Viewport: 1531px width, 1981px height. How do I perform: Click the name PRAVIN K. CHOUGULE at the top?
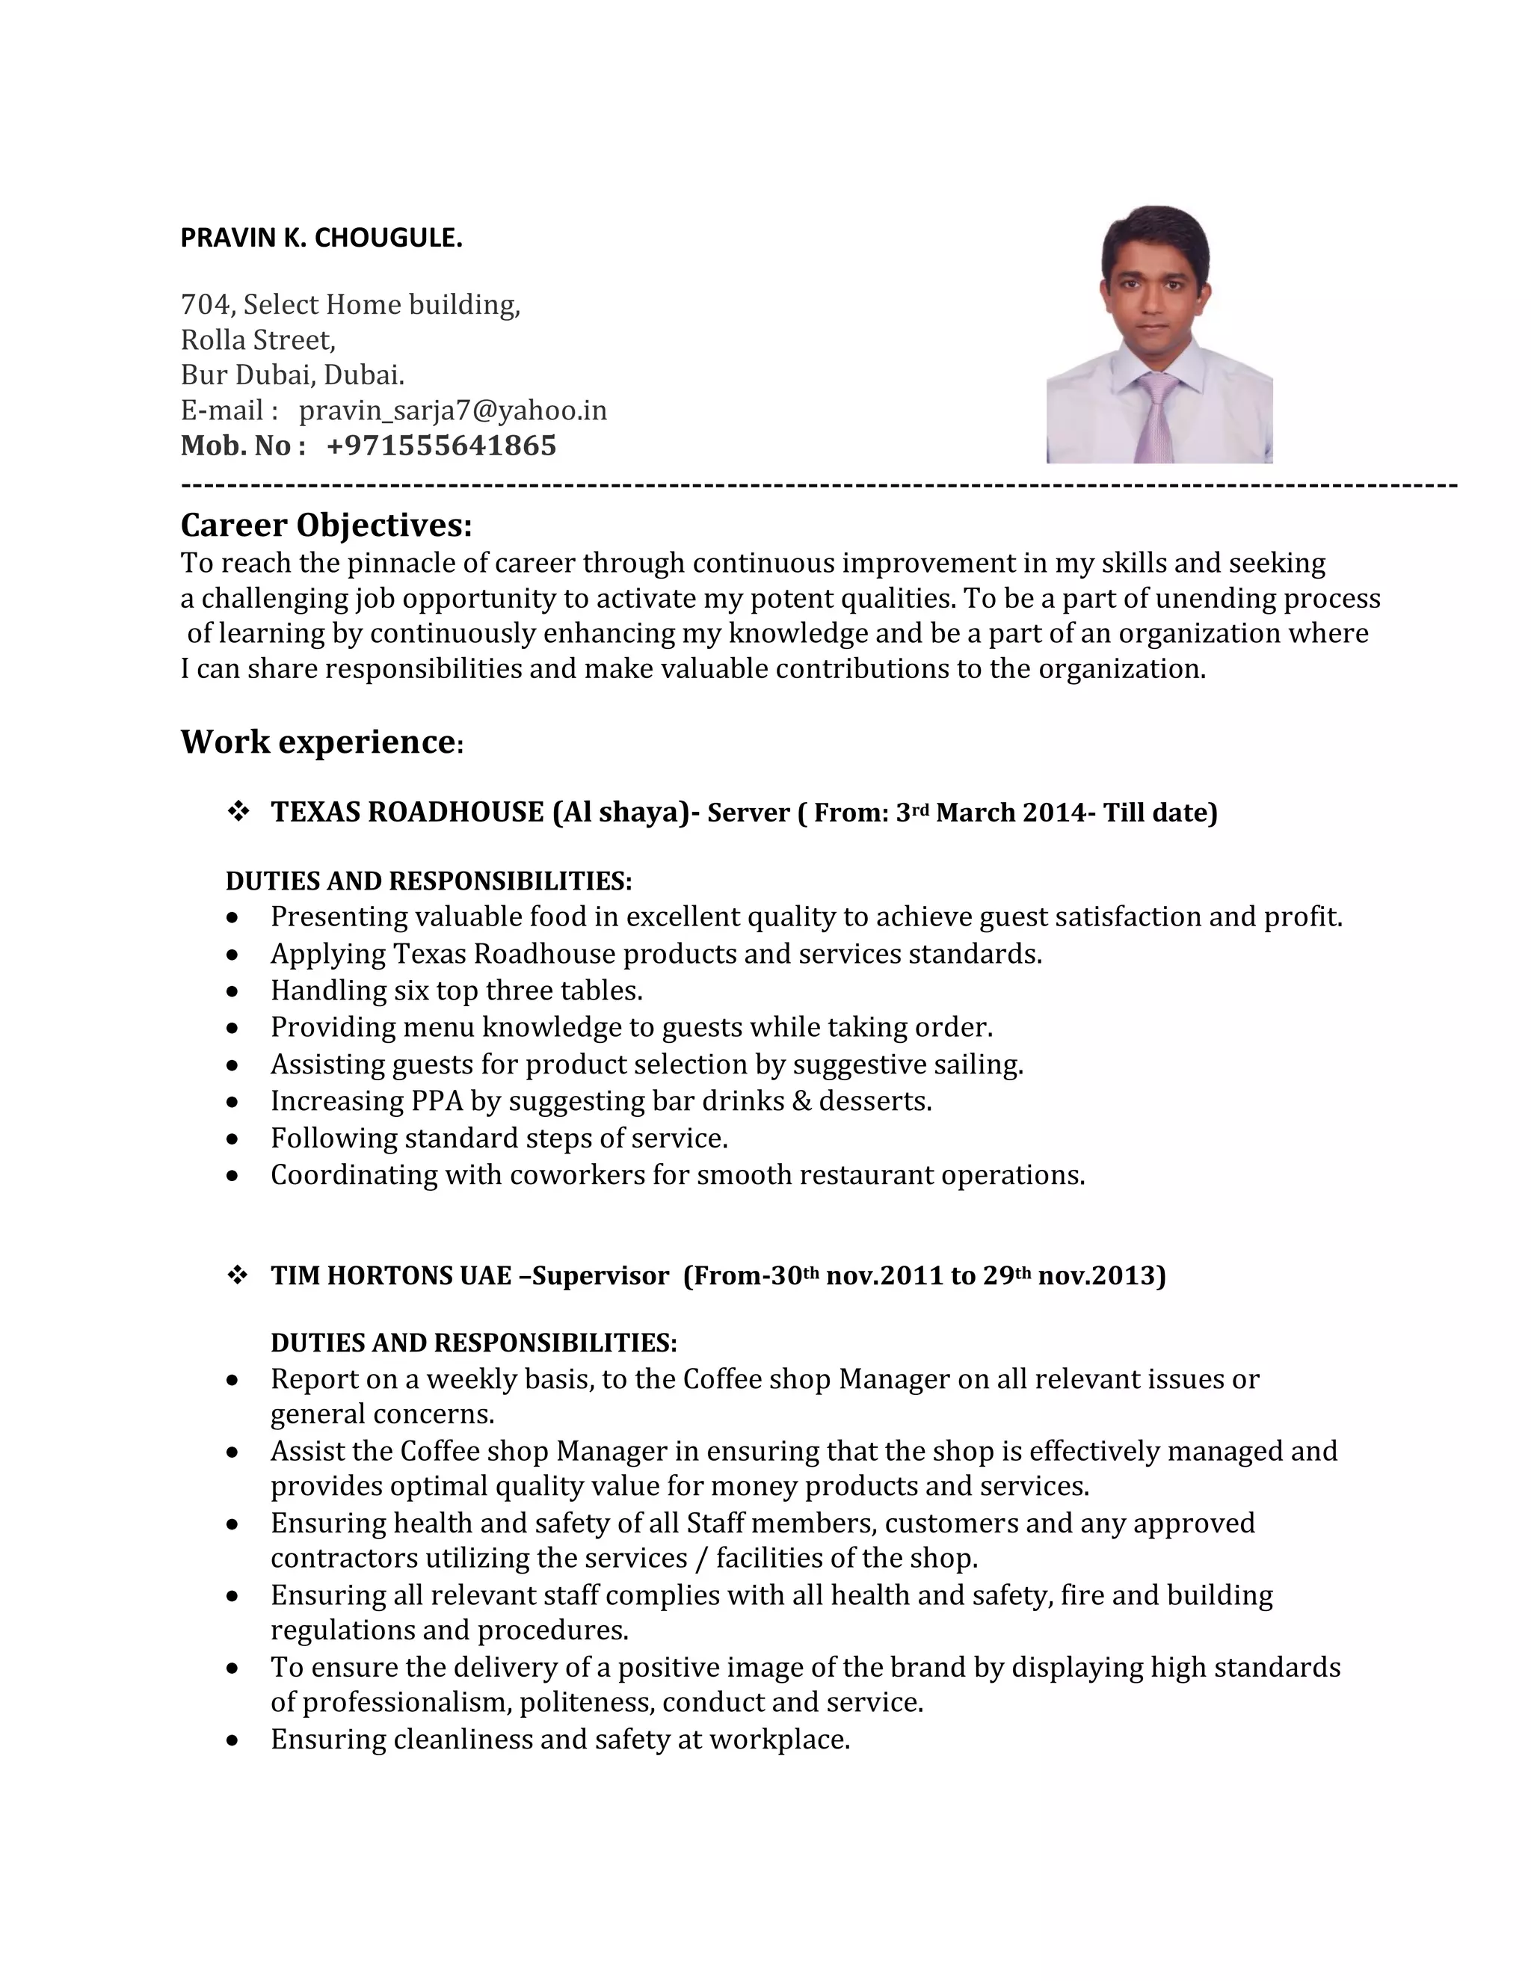pyautogui.click(x=321, y=238)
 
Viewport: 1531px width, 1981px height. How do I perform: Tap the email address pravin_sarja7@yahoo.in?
pyautogui.click(x=452, y=411)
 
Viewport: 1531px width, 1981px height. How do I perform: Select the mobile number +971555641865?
pyautogui.click(x=441, y=446)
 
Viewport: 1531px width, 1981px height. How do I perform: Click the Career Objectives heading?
pyautogui.click(x=327, y=526)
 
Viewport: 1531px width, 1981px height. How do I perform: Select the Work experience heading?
pyautogui.click(x=318, y=742)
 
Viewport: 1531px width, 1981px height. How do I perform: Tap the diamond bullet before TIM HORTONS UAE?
pyautogui.click(x=238, y=1275)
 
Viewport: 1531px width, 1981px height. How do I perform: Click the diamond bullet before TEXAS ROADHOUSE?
pyautogui.click(x=238, y=812)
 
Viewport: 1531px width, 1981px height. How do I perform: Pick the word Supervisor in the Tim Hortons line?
pyautogui.click(x=600, y=1276)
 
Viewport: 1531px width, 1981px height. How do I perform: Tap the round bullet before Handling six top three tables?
pyautogui.click(x=233, y=992)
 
